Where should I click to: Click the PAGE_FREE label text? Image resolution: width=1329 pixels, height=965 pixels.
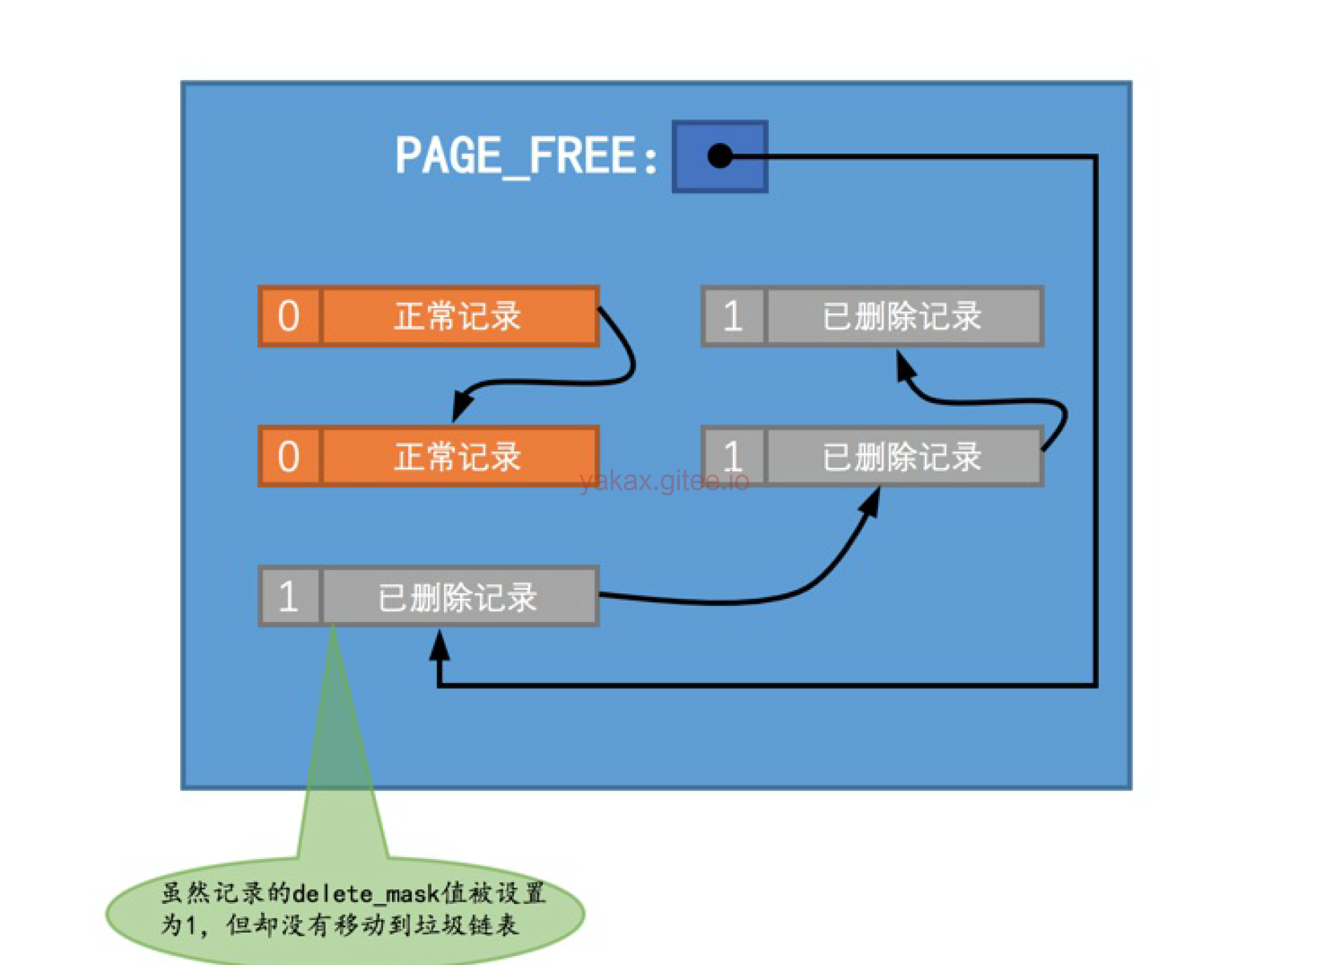[526, 156]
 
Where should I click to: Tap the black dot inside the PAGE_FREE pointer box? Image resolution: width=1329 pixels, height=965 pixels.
[720, 156]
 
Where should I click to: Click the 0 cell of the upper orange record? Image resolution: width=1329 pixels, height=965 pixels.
[289, 316]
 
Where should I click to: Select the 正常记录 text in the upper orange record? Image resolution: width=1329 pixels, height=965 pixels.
[458, 316]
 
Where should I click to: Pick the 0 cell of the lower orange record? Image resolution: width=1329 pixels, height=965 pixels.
[289, 457]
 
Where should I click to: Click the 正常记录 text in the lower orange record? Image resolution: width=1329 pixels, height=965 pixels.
[458, 457]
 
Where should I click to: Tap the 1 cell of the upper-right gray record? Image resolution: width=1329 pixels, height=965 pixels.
[733, 316]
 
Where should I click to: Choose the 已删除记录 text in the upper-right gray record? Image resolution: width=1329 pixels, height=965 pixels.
[902, 316]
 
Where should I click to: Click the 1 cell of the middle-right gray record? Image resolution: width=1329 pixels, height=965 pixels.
[733, 457]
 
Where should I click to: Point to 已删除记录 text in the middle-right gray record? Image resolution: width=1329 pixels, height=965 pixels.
[902, 457]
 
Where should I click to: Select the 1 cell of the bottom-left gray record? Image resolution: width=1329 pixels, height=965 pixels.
[289, 597]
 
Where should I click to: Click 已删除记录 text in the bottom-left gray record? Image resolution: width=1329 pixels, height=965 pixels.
[458, 597]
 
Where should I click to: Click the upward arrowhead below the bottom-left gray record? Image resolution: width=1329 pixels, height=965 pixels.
[440, 645]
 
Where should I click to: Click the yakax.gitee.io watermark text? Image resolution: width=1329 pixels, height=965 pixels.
[664, 481]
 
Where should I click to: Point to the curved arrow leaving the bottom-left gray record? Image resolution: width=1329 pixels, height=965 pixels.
[736, 600]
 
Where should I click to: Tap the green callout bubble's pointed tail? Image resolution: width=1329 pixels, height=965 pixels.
[337, 736]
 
